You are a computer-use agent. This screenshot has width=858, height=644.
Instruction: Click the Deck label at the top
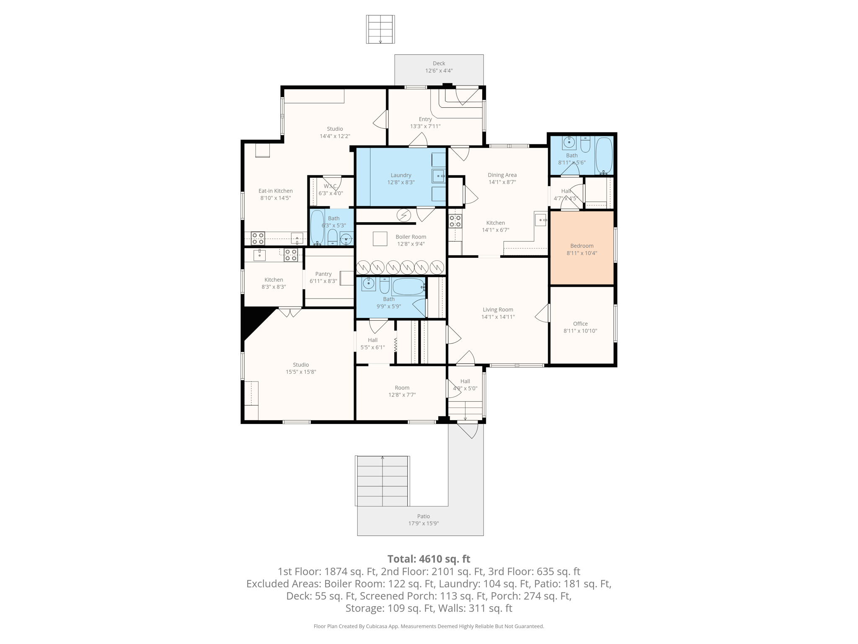click(439, 63)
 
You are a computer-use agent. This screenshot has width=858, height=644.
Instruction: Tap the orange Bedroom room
click(581, 248)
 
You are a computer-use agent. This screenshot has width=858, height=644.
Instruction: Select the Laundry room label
click(401, 175)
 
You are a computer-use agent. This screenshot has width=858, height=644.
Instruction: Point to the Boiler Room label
click(411, 237)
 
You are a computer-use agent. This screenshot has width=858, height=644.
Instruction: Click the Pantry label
click(323, 274)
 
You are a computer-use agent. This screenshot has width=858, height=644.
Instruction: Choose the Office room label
click(580, 324)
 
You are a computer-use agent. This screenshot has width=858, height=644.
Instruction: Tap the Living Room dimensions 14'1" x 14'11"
click(498, 317)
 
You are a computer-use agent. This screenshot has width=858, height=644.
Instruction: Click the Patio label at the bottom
click(423, 516)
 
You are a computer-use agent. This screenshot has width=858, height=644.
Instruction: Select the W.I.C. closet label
click(331, 186)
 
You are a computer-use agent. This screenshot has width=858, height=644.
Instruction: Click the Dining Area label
click(502, 175)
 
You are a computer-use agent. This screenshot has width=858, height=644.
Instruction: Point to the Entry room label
click(425, 119)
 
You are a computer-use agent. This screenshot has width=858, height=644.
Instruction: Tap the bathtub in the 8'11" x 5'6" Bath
click(604, 155)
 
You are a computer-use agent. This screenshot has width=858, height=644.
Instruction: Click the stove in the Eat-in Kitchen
click(258, 238)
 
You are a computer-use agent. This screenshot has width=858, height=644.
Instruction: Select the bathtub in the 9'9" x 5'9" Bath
click(408, 287)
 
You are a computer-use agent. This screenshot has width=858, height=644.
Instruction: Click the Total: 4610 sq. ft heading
click(429, 559)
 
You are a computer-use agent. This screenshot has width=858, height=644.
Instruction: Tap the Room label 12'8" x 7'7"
click(402, 388)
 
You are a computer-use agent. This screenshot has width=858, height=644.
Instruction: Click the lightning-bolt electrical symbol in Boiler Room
click(404, 216)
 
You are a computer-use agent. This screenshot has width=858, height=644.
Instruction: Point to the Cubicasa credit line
click(429, 626)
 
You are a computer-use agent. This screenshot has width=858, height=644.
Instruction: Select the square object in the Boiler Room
click(380, 239)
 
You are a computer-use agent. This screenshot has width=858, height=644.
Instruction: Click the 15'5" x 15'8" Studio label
click(301, 365)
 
